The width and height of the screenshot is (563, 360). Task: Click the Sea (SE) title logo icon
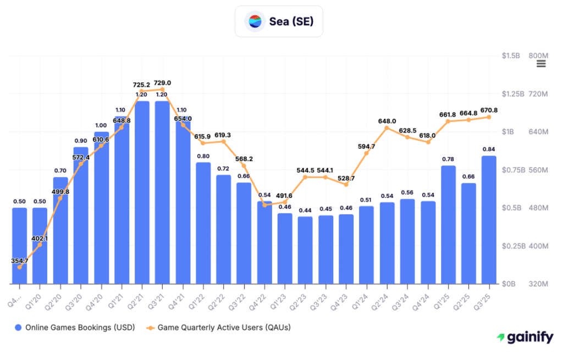click(255, 21)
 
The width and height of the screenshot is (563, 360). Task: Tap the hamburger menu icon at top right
click(541, 64)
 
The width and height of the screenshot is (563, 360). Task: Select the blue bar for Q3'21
click(162, 192)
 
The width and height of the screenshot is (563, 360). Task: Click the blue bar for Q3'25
click(489, 220)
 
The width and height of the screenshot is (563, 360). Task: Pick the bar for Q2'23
click(305, 250)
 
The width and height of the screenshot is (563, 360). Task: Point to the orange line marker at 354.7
click(19, 267)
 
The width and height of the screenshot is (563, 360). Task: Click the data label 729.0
click(162, 83)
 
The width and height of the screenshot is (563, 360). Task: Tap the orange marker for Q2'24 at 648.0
click(387, 128)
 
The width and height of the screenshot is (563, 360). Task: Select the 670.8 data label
click(489, 110)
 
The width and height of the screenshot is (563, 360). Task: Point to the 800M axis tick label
click(539, 56)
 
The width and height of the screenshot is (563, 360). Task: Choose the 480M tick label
click(539, 208)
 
